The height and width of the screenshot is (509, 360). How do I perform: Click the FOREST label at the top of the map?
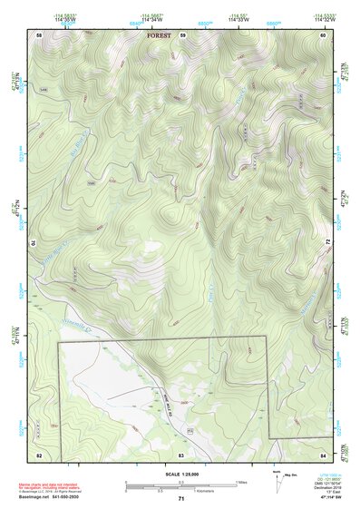(x=159, y=36)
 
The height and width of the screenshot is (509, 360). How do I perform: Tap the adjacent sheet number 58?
(x=39, y=35)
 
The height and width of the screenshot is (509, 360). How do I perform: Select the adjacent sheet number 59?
(x=182, y=35)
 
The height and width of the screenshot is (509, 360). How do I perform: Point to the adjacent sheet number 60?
(x=322, y=35)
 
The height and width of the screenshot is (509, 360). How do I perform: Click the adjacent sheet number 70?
(x=37, y=243)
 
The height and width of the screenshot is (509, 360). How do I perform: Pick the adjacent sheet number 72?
(x=325, y=243)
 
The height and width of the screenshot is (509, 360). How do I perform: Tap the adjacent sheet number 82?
(x=39, y=453)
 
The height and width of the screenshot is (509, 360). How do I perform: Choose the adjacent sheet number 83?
(x=181, y=453)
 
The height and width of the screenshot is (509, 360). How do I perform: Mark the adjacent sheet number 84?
(x=323, y=453)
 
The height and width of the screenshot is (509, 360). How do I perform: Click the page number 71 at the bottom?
(x=181, y=499)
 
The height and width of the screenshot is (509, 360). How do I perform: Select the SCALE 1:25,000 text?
(x=180, y=475)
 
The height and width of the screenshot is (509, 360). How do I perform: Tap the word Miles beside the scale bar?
(x=241, y=482)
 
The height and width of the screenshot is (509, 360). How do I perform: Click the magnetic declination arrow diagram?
(x=278, y=481)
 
